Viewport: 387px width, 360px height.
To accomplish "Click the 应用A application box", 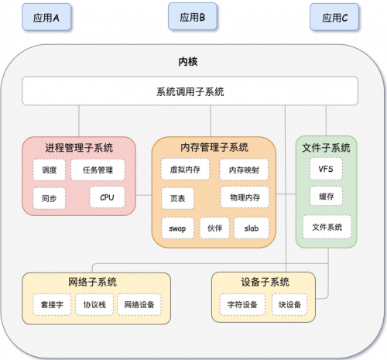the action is click(46, 17).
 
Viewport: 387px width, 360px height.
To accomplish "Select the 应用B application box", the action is click(193, 16).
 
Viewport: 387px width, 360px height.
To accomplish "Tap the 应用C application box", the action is click(334, 17).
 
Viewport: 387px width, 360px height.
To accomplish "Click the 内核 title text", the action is click(188, 62).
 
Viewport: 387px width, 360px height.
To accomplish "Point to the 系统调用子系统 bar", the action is click(190, 91).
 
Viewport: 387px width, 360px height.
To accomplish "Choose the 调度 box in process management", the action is click(49, 170).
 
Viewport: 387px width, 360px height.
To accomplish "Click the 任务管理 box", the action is click(98, 170).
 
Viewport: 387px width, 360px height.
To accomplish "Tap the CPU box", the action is click(107, 197).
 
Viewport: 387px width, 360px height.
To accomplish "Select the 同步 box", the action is click(49, 198).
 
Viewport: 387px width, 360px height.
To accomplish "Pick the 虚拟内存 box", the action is click(185, 170).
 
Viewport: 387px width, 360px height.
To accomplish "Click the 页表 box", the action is click(177, 198).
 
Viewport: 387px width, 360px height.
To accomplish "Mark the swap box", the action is click(177, 228).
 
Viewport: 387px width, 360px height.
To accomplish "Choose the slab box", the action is click(252, 228).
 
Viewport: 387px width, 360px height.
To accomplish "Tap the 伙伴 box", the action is click(214, 228).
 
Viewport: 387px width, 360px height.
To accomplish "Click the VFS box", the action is click(326, 169).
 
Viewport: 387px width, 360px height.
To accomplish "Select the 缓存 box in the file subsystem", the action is click(327, 197).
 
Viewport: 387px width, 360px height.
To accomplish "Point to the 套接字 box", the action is click(52, 304).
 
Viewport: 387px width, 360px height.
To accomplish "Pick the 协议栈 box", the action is click(94, 304).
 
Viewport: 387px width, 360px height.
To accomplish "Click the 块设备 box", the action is click(289, 304).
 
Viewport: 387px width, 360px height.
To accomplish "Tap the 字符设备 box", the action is click(242, 304).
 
